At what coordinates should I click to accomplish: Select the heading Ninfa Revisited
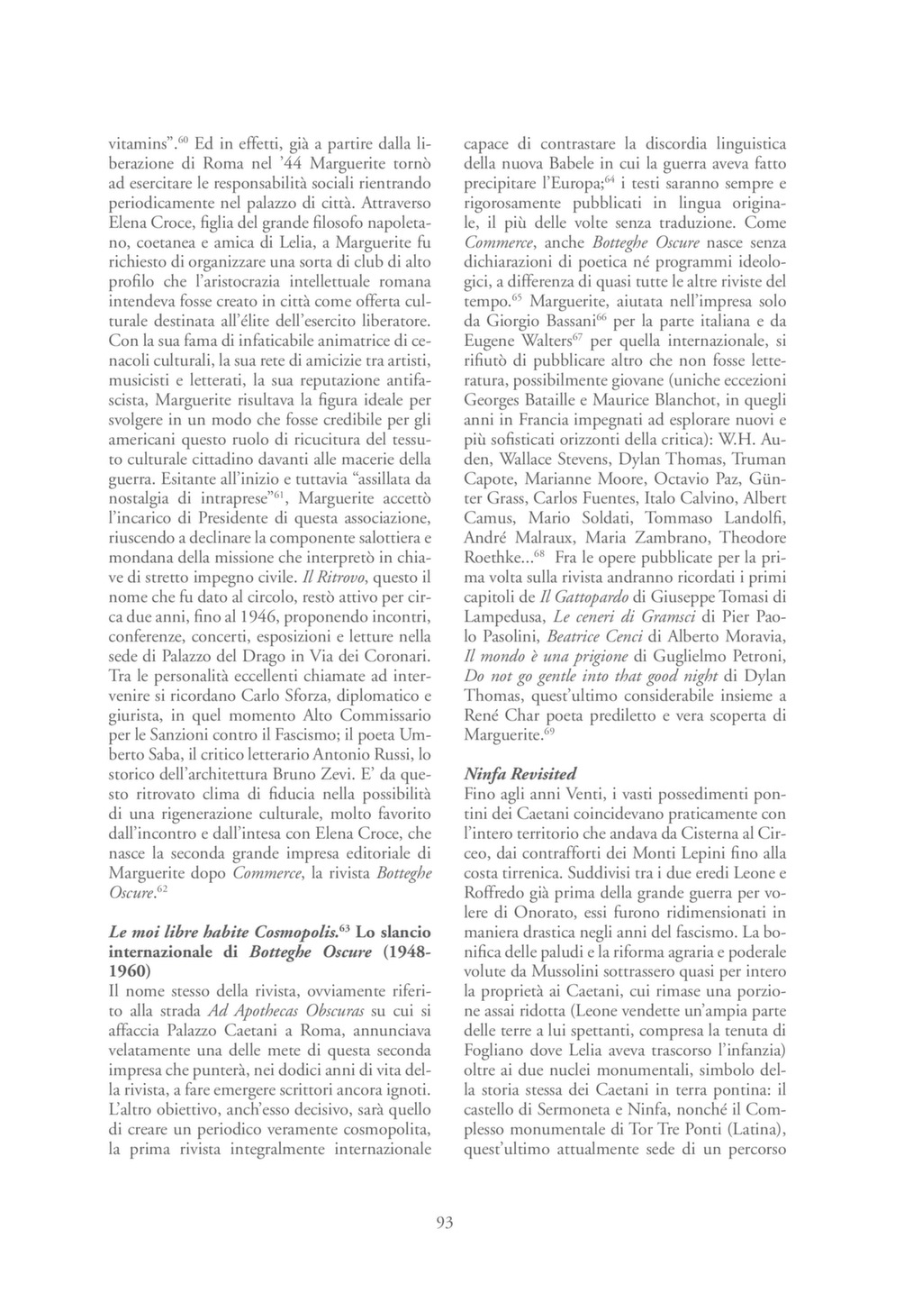click(520, 774)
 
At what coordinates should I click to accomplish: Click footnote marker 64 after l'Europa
click(609, 178)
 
